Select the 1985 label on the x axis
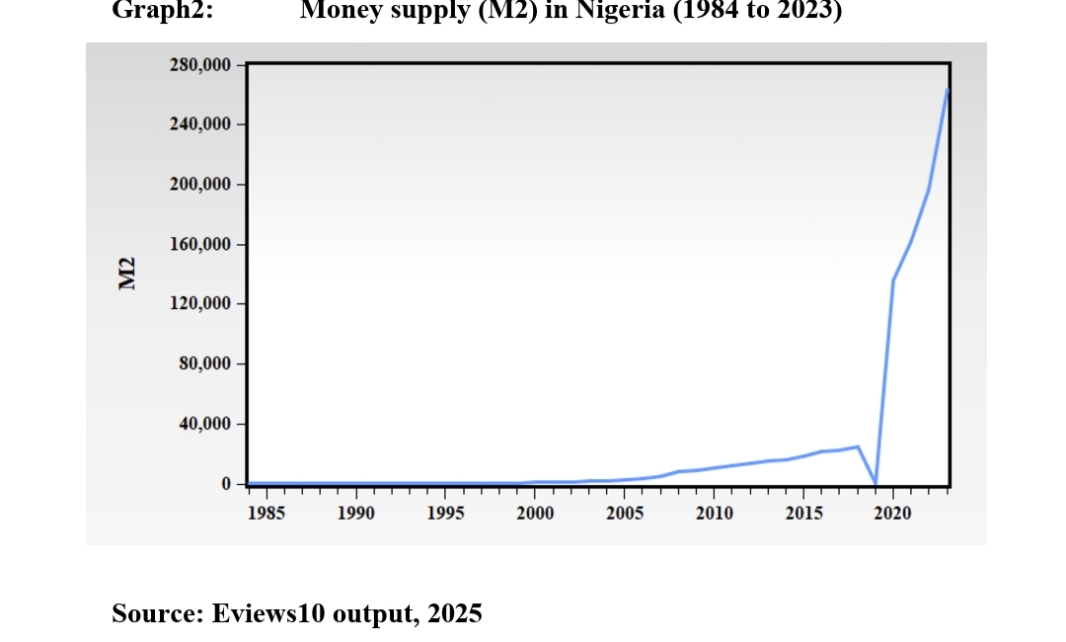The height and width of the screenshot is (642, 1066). pos(266,513)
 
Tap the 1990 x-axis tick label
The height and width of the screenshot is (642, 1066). pos(355,513)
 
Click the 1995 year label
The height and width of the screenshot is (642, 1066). pos(445,513)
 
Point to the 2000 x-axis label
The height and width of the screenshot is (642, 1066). pos(535,513)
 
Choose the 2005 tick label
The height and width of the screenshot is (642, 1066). pos(625,513)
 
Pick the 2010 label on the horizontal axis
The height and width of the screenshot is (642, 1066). pos(715,513)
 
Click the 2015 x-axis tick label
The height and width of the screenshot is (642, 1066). pos(803,513)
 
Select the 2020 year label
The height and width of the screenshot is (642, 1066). pos(893,513)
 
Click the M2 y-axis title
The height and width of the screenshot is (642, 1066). pos(126,274)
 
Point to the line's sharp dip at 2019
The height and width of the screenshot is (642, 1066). pos(876,483)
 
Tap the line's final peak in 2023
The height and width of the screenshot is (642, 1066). pos(948,90)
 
